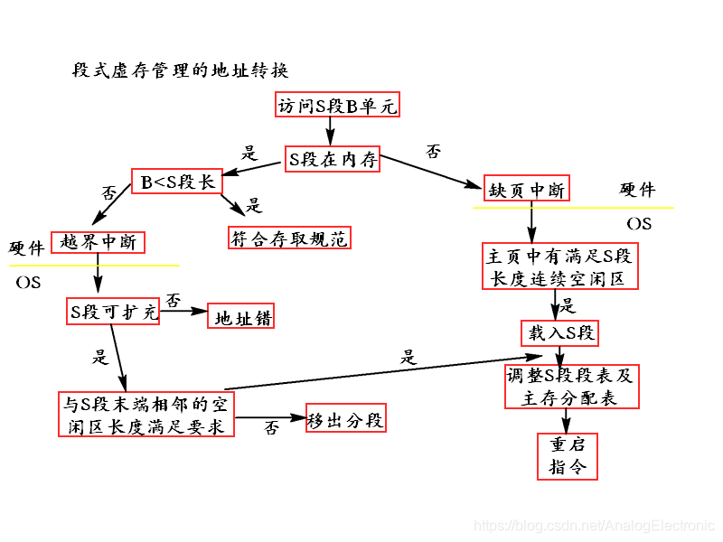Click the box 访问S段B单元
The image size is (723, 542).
pyautogui.click(x=337, y=106)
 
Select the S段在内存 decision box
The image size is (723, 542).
pyautogui.click(x=333, y=159)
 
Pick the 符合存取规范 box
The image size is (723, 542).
pyautogui.click(x=288, y=238)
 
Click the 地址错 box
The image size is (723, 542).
pyautogui.click(x=241, y=318)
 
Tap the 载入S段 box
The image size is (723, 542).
pyautogui.click(x=559, y=333)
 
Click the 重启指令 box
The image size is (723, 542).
pyautogui.click(x=568, y=455)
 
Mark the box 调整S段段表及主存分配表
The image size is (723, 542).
pyautogui.click(x=569, y=387)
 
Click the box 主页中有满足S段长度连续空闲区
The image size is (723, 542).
pyautogui.click(x=560, y=266)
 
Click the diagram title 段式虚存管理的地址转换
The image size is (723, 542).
pyautogui.click(x=181, y=70)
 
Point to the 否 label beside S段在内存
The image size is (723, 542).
pyautogui.click(x=434, y=152)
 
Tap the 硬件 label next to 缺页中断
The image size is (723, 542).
pyautogui.click(x=637, y=190)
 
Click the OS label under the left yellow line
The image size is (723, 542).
pyautogui.click(x=29, y=283)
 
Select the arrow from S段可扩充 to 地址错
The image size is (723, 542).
pyautogui.click(x=184, y=312)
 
